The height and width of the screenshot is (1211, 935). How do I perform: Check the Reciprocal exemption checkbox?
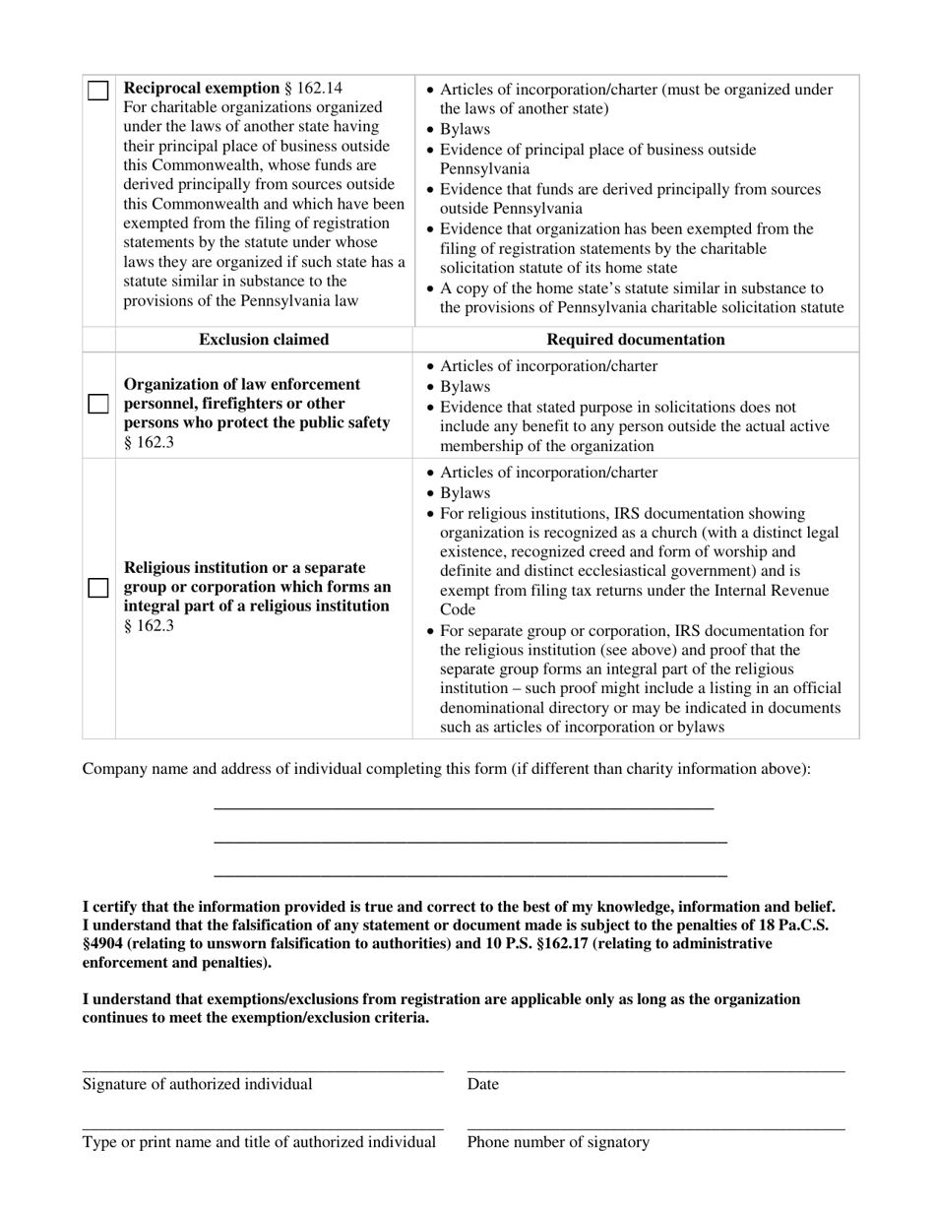[x=98, y=92]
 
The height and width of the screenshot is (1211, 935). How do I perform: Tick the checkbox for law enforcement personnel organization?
[x=98, y=405]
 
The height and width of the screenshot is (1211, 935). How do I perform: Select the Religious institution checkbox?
[x=98, y=588]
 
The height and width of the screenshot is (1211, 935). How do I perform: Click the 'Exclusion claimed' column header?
[x=264, y=340]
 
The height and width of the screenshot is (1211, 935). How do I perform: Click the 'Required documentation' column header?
[x=636, y=340]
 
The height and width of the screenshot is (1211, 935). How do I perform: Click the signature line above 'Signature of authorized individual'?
[x=263, y=1070]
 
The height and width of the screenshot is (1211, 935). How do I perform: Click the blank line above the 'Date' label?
[x=655, y=1070]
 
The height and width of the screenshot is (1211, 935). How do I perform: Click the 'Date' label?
[x=483, y=1085]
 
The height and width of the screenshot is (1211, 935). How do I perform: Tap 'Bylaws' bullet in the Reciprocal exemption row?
[x=465, y=130]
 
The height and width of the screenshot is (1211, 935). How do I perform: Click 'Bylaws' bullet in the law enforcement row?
[x=465, y=387]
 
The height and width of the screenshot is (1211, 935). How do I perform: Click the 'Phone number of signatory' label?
[x=558, y=1143]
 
